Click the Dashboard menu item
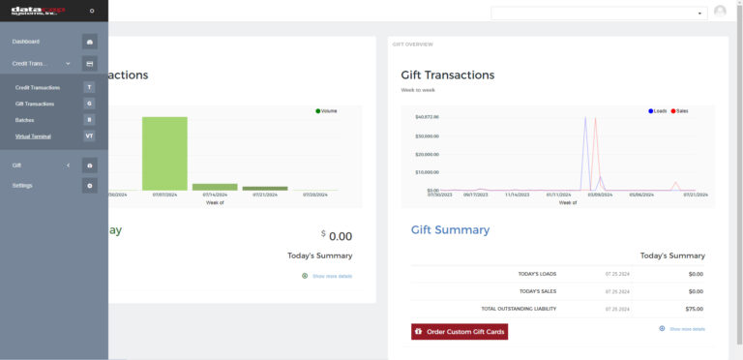pos(26,42)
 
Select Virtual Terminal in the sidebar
pos(34,135)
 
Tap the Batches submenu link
pos(24,120)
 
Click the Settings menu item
pos(22,185)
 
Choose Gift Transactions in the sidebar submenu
pos(35,104)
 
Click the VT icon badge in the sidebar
pos(89,135)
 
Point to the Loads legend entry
pos(658,111)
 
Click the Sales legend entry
pos(679,111)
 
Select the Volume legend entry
pos(326,111)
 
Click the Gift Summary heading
pos(450,230)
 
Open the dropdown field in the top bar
pos(599,14)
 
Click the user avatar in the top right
pos(720,12)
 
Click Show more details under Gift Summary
pos(686,329)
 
